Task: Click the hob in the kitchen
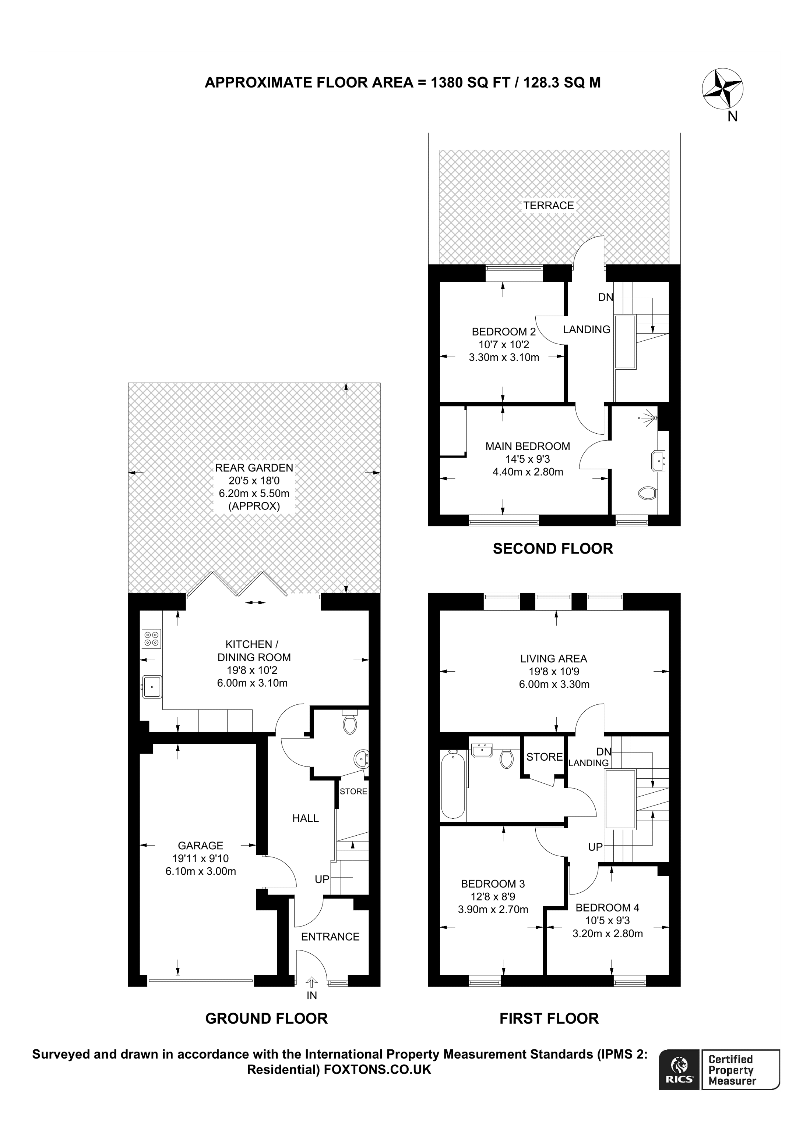[152, 639]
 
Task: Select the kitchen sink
[152, 687]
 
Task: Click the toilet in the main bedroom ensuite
[647, 493]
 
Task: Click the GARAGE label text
[200, 845]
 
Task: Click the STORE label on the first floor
[544, 757]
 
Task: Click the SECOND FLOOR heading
[553, 548]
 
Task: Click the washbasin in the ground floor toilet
[361, 760]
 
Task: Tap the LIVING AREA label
[553, 659]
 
